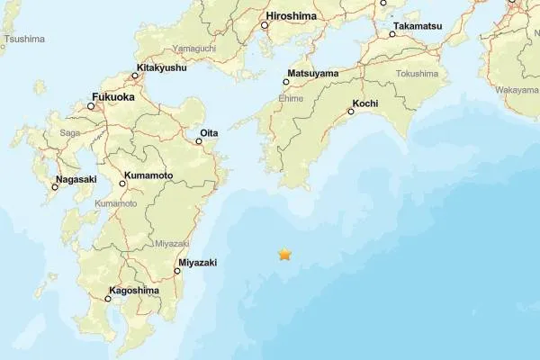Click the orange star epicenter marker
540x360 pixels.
pyautogui.click(x=285, y=255)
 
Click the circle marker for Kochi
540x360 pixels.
pyautogui.click(x=351, y=112)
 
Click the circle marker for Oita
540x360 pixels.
pyautogui.click(x=199, y=141)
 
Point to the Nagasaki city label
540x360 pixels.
pyautogui.click(x=76, y=178)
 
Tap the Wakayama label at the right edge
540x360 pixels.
pyautogui.click(x=517, y=90)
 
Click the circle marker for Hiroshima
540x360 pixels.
pyautogui.click(x=265, y=25)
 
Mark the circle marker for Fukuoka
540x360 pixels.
pyautogui.click(x=91, y=106)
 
